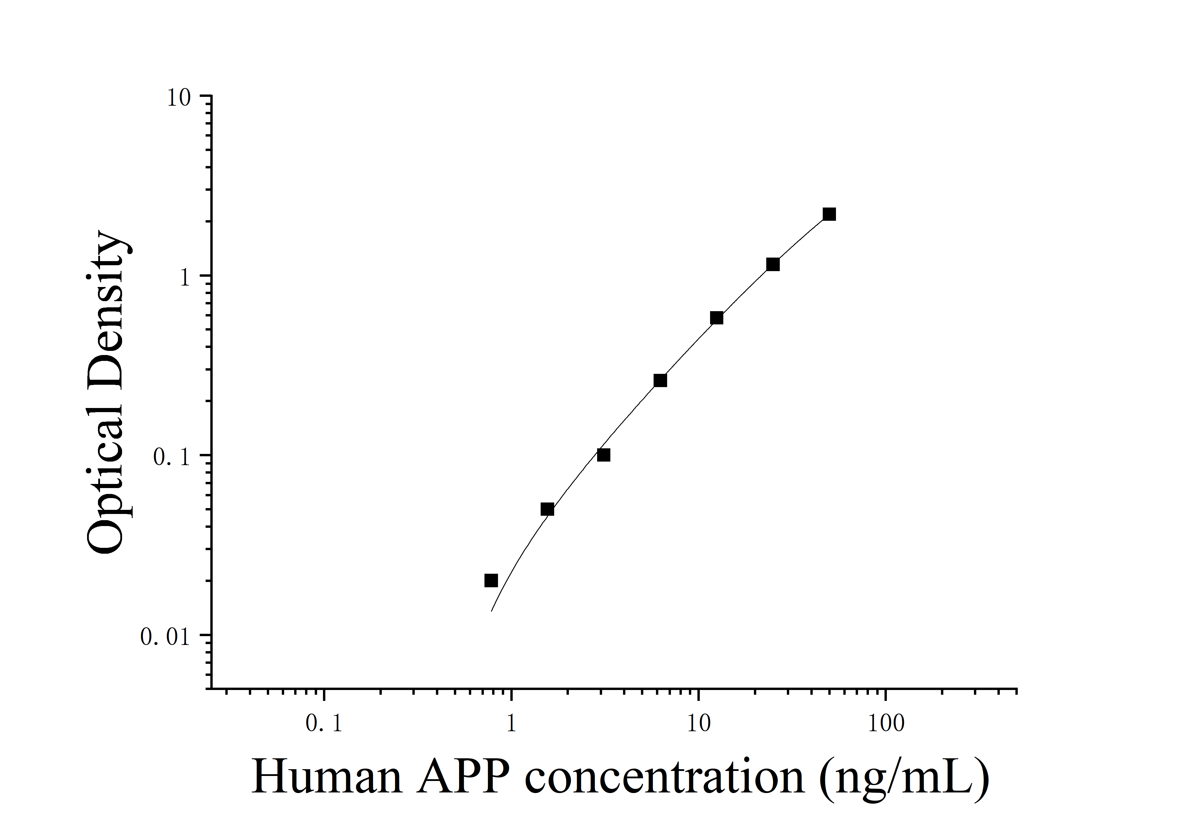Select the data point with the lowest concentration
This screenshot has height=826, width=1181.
tap(491, 580)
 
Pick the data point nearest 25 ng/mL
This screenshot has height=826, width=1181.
tap(773, 265)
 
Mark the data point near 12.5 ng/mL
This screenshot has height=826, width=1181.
tap(717, 318)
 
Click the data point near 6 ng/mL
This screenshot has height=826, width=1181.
tap(660, 380)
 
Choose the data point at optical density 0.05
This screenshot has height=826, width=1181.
tap(547, 510)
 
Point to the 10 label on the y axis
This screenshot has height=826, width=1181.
tap(179, 98)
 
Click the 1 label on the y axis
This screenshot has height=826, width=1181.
tap(184, 278)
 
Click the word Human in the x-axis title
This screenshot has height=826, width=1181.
tap(327, 777)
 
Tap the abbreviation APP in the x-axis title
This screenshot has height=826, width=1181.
tap(463, 777)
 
